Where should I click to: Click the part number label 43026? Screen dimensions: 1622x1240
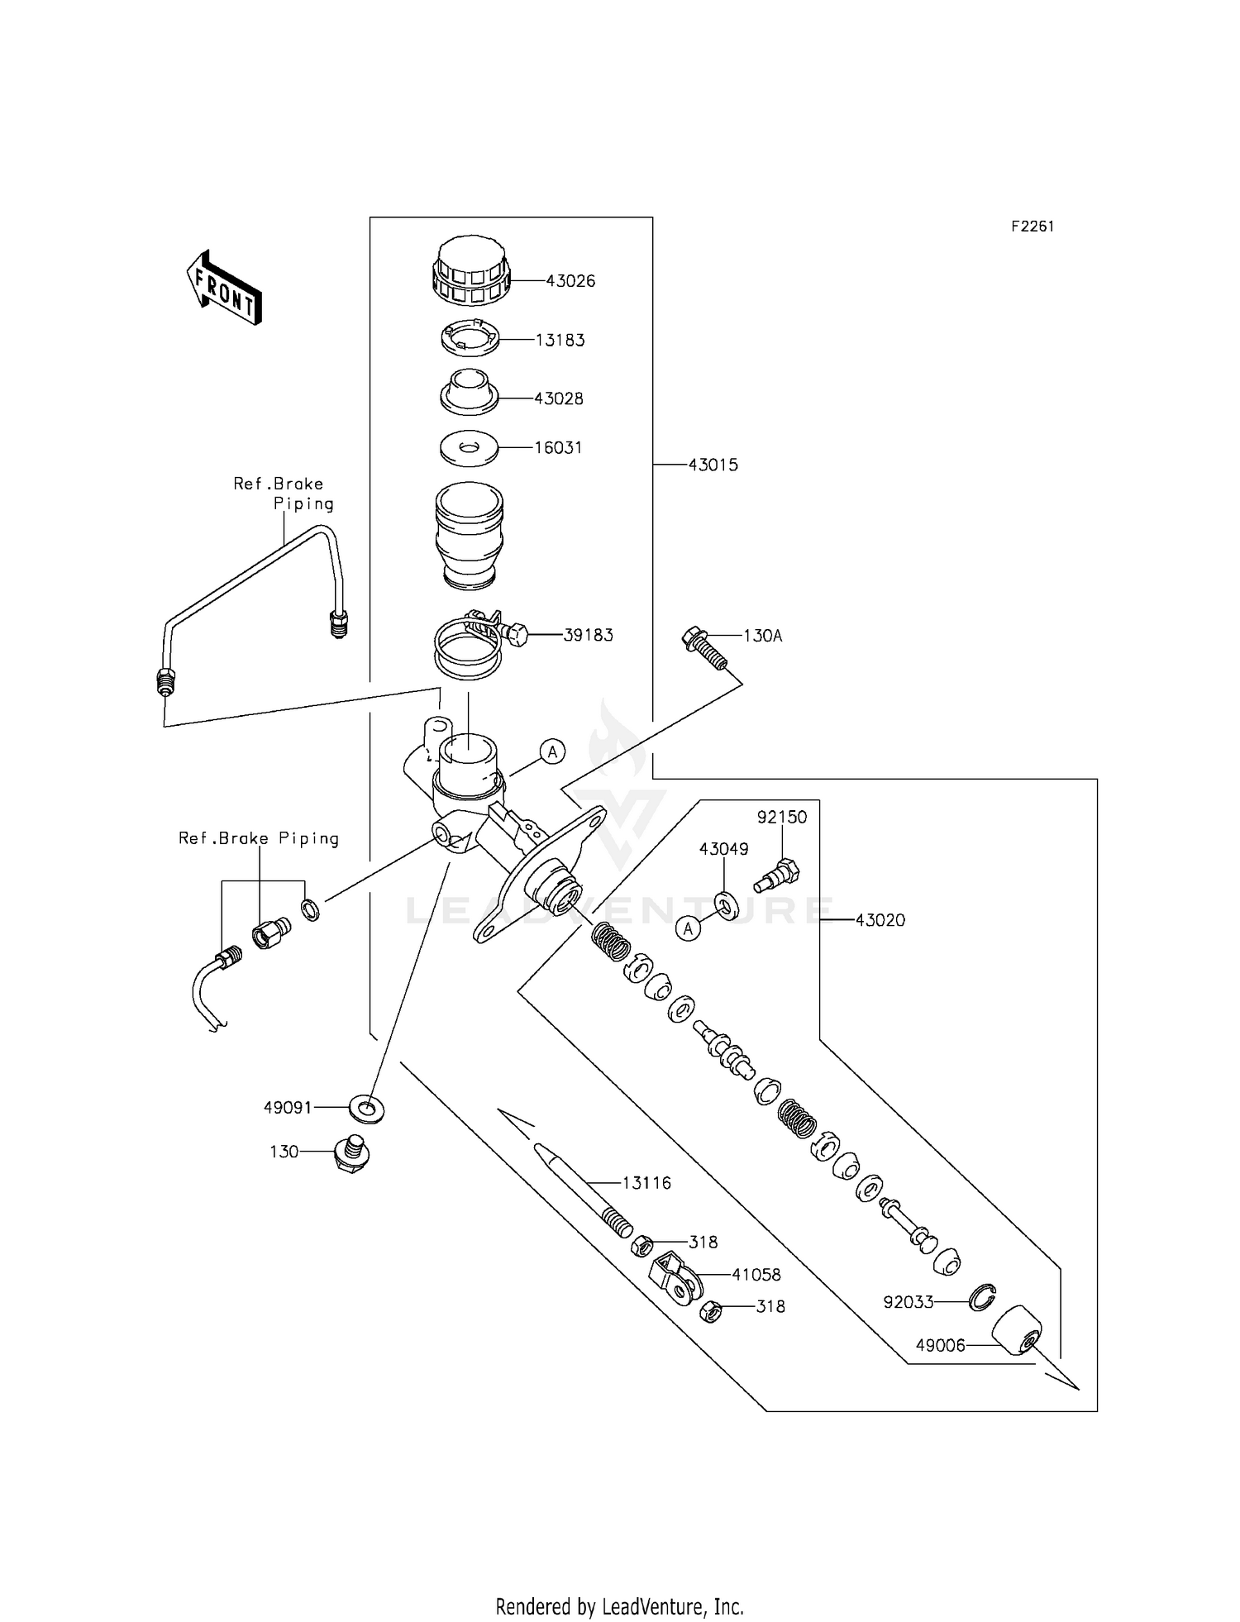tap(570, 281)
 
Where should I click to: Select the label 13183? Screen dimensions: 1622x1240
tap(560, 341)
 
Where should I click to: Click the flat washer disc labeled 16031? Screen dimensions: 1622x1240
tap(468, 447)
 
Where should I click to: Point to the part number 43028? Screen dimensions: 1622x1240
tap(559, 398)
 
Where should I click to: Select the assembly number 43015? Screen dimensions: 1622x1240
tap(713, 465)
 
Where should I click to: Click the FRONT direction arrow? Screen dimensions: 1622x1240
tap(224, 288)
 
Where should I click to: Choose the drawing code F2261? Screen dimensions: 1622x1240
tap(1033, 227)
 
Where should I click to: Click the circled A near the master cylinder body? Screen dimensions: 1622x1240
tap(553, 751)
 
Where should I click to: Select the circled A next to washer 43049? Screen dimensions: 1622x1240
tap(688, 928)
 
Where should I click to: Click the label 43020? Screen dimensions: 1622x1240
tap(880, 920)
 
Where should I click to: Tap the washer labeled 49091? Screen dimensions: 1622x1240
tap(367, 1108)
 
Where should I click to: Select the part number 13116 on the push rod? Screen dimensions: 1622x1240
tap(646, 1183)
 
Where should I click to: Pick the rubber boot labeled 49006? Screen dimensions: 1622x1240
tap(1016, 1330)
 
